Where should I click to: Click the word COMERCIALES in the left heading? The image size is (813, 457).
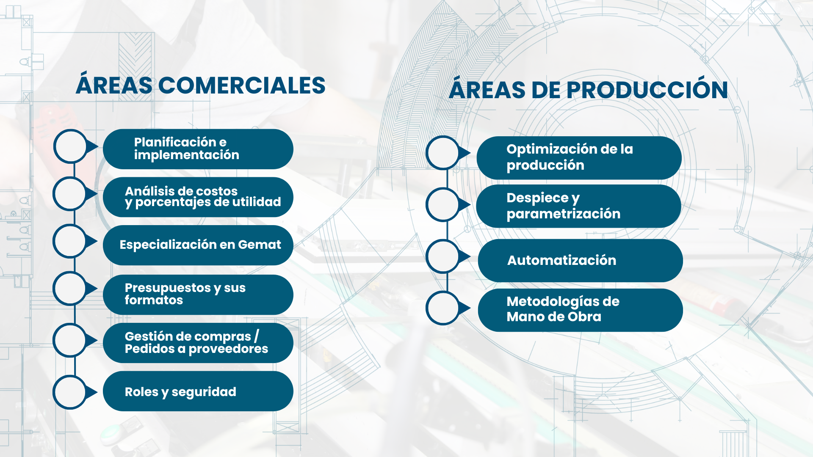pyautogui.click(x=242, y=85)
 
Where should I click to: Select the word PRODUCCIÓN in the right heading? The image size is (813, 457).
pyautogui.click(x=647, y=90)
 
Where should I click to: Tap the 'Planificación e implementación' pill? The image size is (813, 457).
pyautogui.click(x=198, y=149)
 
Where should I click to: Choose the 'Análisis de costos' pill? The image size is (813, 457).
pyautogui.click(x=198, y=197)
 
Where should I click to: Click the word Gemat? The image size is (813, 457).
pyautogui.click(x=260, y=245)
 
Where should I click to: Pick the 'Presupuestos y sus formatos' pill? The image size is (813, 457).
pyautogui.click(x=198, y=295)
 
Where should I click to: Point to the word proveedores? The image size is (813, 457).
pyautogui.click(x=228, y=349)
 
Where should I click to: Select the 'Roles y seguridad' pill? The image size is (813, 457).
pyautogui.click(x=198, y=391)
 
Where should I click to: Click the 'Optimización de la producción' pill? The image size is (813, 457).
pyautogui.click(x=579, y=158)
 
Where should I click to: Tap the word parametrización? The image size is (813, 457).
pyautogui.click(x=564, y=214)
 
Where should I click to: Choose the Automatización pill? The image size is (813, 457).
pyautogui.click(x=580, y=260)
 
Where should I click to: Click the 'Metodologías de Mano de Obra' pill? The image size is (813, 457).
pyautogui.click(x=580, y=310)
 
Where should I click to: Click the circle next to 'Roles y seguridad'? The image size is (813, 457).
pyautogui.click(x=70, y=392)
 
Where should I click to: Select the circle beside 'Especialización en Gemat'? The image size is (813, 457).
pyautogui.click(x=70, y=241)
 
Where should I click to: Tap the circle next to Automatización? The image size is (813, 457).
pyautogui.click(x=443, y=256)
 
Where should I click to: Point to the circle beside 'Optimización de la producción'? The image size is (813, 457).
pyautogui.click(x=443, y=153)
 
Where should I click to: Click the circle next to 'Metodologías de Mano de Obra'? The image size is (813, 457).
pyautogui.click(x=443, y=308)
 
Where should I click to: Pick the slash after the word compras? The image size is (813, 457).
pyautogui.click(x=256, y=336)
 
